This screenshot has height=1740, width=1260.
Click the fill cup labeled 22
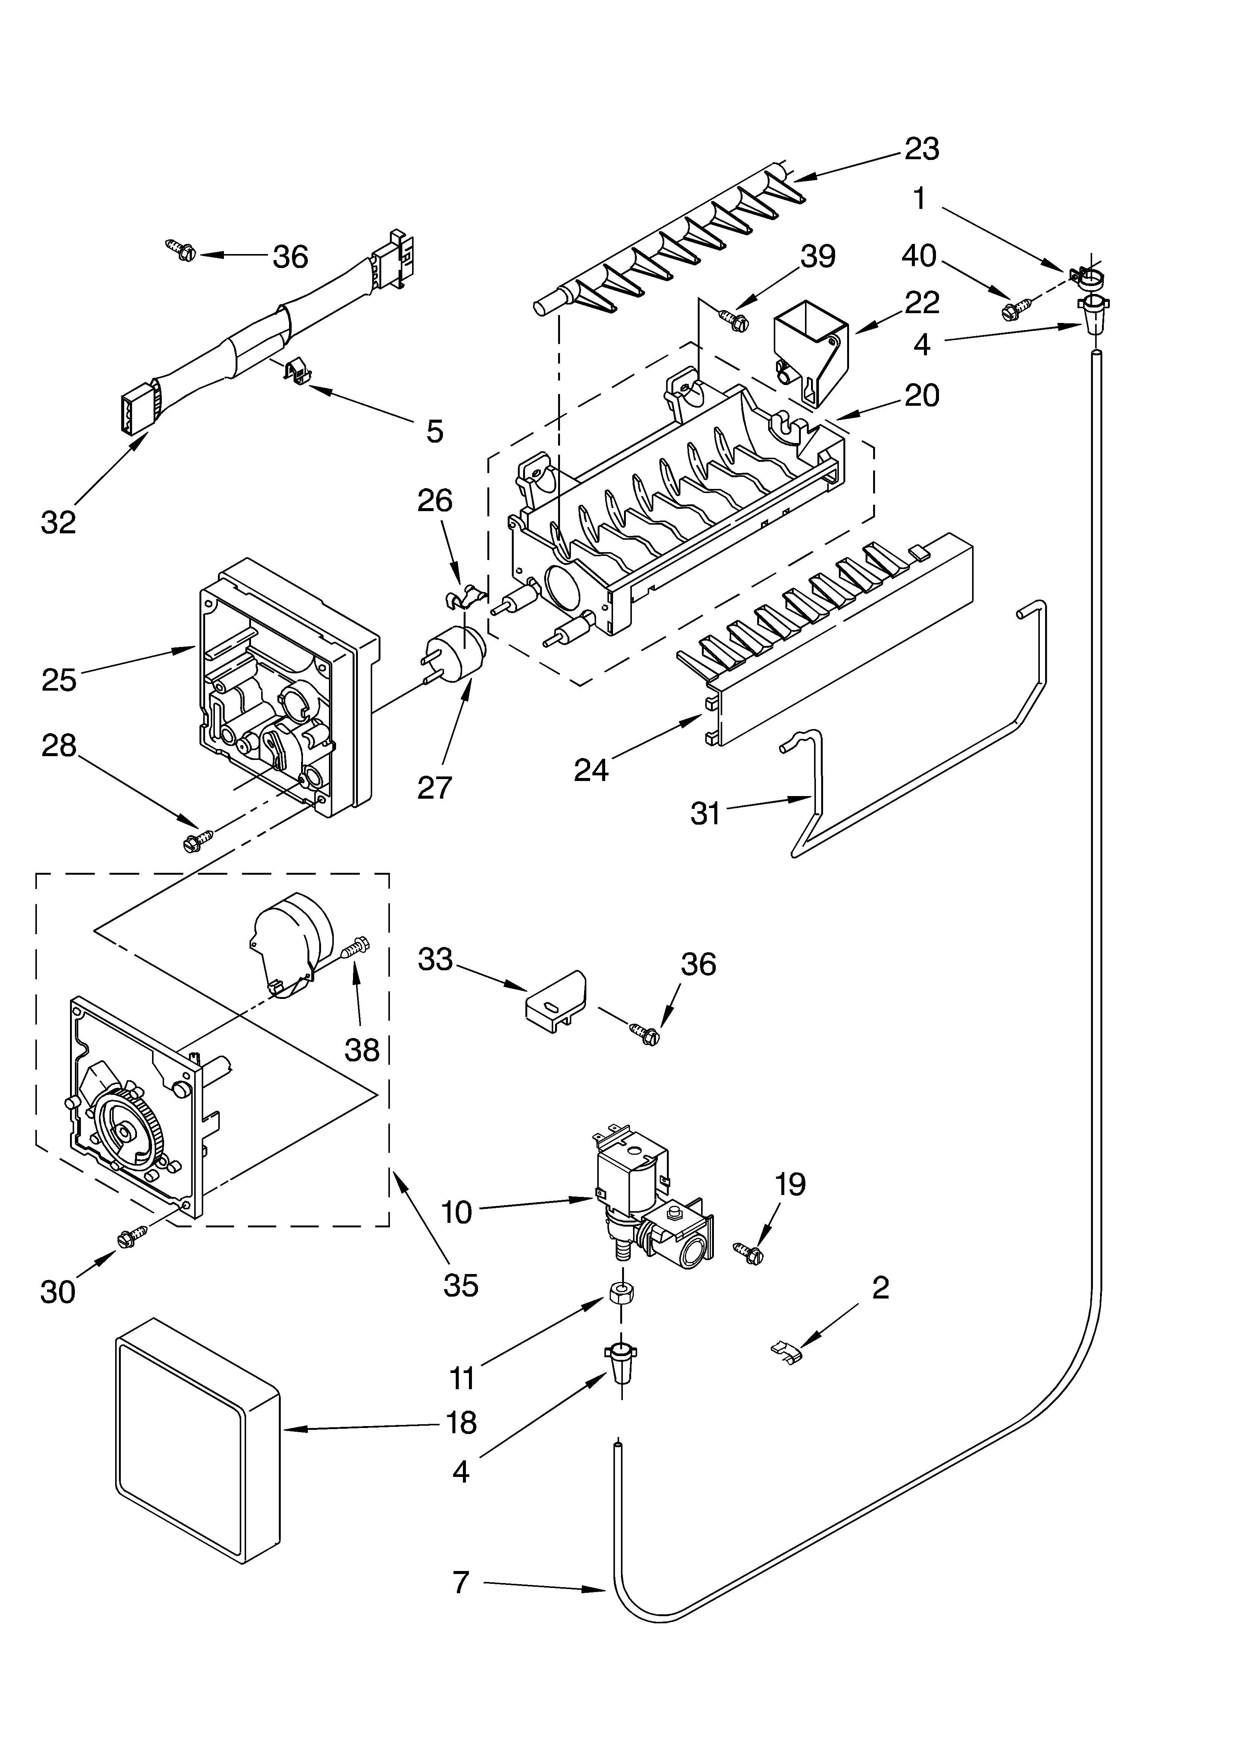(811, 351)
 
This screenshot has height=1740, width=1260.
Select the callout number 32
(58, 522)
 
